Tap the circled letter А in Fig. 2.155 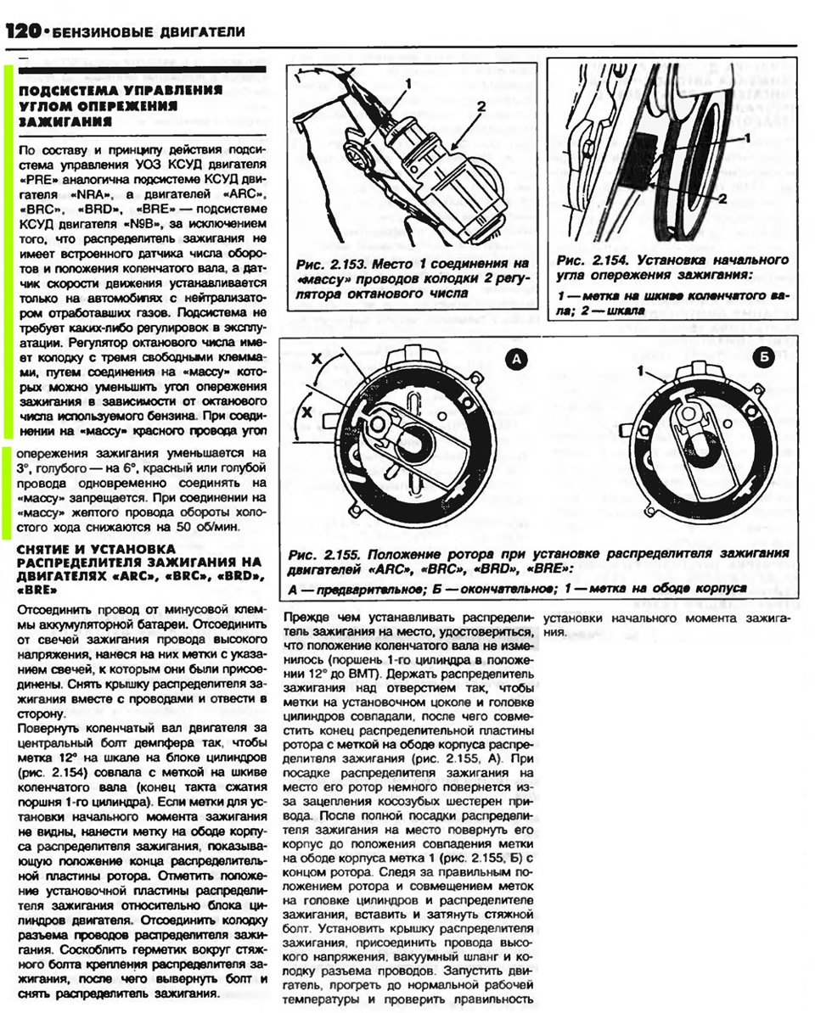click(516, 361)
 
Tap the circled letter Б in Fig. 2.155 click(761, 359)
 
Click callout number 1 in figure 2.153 click(407, 84)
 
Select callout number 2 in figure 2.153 click(481, 107)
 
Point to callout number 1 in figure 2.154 click(748, 136)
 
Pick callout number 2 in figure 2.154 click(723, 198)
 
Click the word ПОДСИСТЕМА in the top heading click(58, 88)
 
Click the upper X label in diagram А click(316, 360)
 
